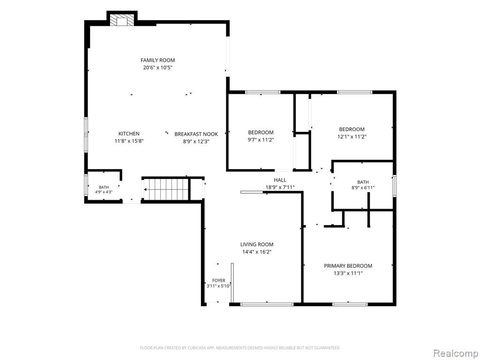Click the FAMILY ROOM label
[157, 60]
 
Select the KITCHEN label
[129, 134]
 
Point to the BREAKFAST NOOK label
[196, 134]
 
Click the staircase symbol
[165, 189]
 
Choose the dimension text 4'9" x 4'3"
[104, 192]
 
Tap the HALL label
[280, 180]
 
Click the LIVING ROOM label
[257, 244]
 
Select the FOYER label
[218, 280]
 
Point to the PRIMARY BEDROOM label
[348, 266]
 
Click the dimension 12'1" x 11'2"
[352, 137]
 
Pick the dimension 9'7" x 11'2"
[261, 140]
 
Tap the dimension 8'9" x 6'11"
[363, 187]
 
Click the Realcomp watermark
[455, 353]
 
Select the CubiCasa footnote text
[240, 348]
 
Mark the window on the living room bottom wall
[267, 304]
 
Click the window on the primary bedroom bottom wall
[350, 304]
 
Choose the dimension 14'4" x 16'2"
[257, 252]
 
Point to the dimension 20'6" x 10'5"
[157, 67]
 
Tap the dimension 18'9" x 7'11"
[280, 187]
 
